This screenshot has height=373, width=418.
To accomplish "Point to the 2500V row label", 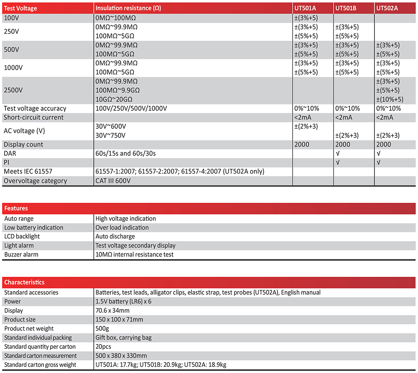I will click(13, 90).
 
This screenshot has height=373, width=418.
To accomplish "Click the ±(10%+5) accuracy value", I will click(390, 100).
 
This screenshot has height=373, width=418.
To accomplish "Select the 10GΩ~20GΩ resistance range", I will click(114, 100).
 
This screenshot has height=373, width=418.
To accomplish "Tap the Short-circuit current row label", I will click(34, 118).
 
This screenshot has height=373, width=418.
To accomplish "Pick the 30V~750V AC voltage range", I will click(111, 135).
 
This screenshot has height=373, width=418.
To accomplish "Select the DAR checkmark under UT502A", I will click(379, 153).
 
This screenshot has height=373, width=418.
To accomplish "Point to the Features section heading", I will click(16, 208).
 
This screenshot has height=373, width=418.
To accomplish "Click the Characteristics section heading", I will click(24, 282).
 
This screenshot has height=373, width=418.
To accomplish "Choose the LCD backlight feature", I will click(22, 237).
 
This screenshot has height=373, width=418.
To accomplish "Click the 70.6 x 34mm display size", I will click(112, 311).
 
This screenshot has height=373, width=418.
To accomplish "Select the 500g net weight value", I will click(102, 329).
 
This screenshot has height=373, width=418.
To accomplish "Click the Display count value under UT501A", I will click(302, 145).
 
